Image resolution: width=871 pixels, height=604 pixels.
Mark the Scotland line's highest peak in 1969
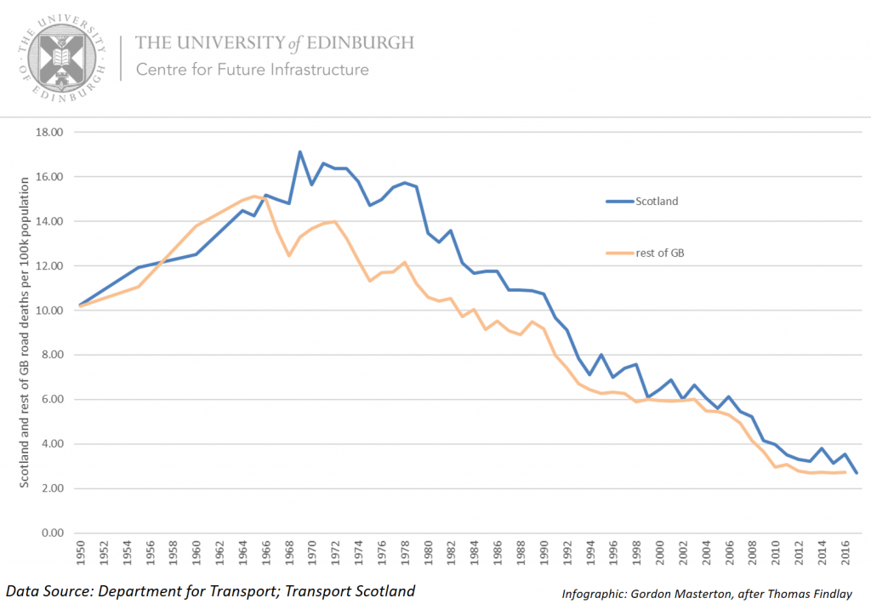(300, 152)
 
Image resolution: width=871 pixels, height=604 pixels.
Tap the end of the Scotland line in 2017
(856, 473)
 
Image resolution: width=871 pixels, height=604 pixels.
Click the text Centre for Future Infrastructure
(253, 70)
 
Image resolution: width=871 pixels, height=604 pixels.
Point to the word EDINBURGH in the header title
(361, 42)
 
